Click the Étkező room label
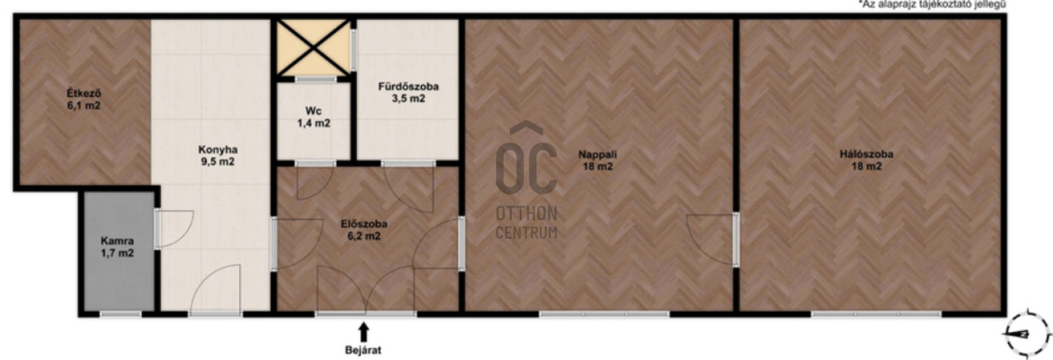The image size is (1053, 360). coord(83,93)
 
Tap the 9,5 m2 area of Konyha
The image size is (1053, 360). coord(217,162)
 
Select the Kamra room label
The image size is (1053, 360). coord(117,241)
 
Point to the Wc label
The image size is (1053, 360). coord(314,111)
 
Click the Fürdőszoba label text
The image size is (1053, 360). coord(408,86)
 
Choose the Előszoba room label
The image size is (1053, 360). coord(364,224)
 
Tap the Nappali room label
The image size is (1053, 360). coord(597,154)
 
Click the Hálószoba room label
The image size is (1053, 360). coord(867,154)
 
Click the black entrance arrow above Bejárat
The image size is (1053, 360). coord(363,331)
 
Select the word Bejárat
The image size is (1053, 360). coord(363,350)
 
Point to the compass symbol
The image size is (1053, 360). coord(1027,334)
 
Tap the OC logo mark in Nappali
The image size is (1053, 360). coord(527,158)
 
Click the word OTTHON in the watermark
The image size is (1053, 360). coord(527,214)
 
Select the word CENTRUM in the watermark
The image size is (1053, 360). coord(527,233)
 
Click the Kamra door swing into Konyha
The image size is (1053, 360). coord(174,229)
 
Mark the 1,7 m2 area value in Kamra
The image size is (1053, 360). coord(117,253)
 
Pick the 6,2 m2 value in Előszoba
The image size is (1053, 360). coord(364,236)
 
